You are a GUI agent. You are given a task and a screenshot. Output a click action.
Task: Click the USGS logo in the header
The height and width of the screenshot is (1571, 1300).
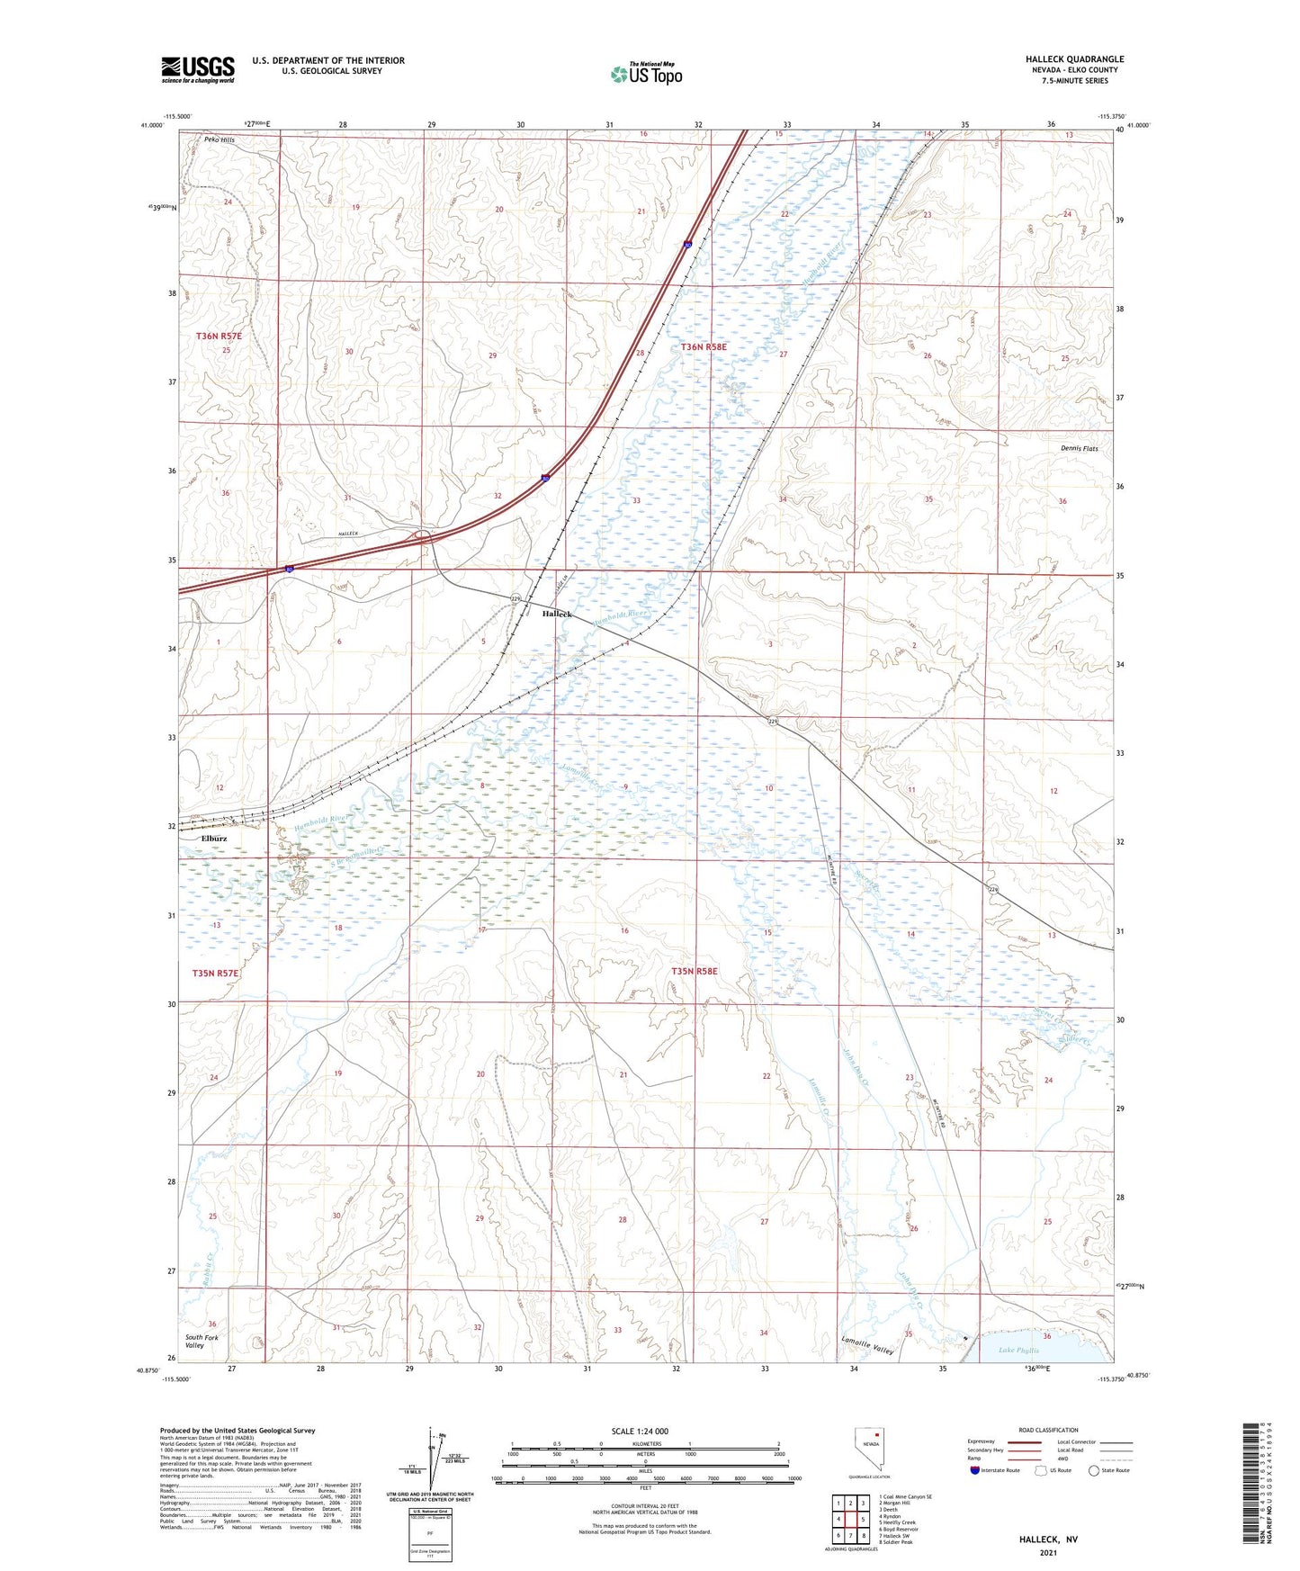(x=198, y=69)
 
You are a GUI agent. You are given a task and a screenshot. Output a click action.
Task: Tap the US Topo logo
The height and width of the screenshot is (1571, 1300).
(x=647, y=74)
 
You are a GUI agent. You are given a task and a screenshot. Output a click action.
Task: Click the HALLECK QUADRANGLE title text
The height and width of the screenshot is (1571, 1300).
(x=1074, y=59)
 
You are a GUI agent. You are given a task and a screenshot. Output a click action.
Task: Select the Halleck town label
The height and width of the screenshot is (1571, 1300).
(x=557, y=614)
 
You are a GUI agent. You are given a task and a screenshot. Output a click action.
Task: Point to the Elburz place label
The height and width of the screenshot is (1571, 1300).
(x=214, y=839)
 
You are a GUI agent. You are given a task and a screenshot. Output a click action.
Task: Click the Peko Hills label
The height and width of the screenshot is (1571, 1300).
(x=219, y=140)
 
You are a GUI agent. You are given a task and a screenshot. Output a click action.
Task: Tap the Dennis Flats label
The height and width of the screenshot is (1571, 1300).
(x=1080, y=448)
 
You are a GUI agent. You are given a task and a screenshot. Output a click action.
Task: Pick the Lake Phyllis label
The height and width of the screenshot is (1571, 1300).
(x=1018, y=1351)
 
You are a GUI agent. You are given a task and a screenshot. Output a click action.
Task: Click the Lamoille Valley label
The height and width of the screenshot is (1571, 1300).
(x=867, y=1346)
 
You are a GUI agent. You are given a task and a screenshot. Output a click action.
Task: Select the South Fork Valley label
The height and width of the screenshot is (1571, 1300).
(x=202, y=1341)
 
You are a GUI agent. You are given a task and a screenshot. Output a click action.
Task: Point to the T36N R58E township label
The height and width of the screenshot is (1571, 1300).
(x=703, y=346)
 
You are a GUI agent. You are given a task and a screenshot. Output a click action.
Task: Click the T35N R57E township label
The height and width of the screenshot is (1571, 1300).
(x=216, y=973)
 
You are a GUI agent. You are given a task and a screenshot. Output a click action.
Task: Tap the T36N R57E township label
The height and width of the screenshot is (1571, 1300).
(x=219, y=336)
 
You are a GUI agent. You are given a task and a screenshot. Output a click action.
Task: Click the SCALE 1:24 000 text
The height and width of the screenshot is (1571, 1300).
(x=640, y=1432)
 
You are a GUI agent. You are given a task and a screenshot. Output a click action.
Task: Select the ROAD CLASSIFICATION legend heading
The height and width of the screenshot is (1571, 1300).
(x=1048, y=1431)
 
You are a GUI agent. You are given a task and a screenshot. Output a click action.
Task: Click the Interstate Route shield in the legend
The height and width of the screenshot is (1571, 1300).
(x=975, y=1470)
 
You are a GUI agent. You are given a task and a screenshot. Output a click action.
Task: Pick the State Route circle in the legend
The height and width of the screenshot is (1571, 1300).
(x=1094, y=1470)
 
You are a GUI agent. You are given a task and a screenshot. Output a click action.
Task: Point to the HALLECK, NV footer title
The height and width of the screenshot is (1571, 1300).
(x=1048, y=1540)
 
